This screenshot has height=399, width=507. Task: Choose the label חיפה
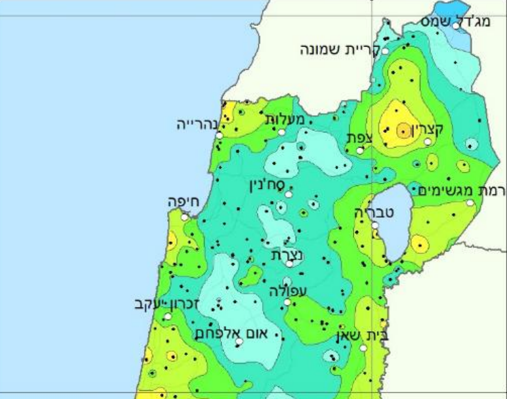pyautogui.click(x=184, y=202)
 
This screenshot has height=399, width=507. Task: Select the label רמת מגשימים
pyautogui.click(x=462, y=190)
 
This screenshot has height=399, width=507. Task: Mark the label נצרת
pyautogui.click(x=287, y=254)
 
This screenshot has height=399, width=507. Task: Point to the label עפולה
pyautogui.click(x=287, y=291)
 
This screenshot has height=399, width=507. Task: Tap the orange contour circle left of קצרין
pyautogui.click(x=403, y=131)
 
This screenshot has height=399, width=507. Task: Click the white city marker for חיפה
pyautogui.click(x=184, y=217)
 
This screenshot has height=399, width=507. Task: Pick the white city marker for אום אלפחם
pyautogui.click(x=239, y=342)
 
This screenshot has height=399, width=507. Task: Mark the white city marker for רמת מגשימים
pyautogui.click(x=470, y=203)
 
